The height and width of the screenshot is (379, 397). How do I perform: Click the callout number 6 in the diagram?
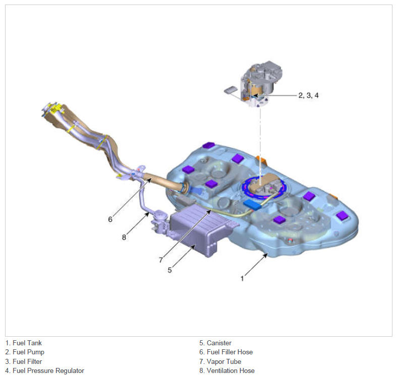110,219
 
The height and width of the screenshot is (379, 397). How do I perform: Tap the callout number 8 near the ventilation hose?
124,237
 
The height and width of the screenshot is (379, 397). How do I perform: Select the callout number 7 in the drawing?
161,260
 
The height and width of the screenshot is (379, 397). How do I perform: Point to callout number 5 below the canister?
169,270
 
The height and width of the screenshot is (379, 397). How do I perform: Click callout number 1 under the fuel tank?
242,278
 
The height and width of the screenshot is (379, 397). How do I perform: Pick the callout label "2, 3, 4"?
308,95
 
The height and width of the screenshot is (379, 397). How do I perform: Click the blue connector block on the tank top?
252,205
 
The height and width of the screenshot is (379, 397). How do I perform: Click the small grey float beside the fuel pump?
231,90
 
